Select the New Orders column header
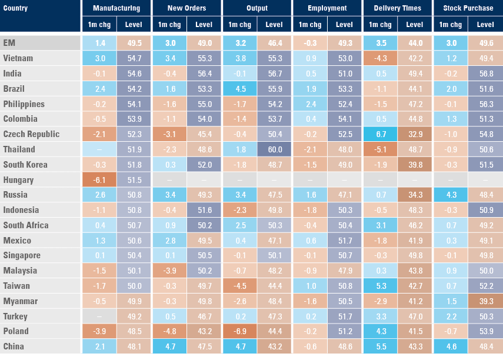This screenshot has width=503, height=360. click(186, 8)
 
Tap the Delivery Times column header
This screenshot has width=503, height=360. click(397, 8)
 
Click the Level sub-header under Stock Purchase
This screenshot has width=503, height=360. click(485, 25)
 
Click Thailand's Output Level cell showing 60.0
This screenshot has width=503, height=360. click(274, 149)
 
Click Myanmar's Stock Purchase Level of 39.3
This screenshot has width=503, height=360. click(485, 301)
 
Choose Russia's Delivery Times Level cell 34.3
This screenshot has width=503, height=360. click(415, 195)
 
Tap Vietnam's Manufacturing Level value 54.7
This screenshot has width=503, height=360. click(134, 58)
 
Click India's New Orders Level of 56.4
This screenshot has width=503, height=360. click(204, 74)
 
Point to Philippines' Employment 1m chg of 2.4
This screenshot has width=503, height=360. click(310, 104)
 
